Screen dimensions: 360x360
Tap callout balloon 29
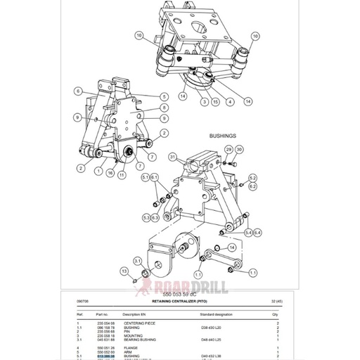[x=229, y=149]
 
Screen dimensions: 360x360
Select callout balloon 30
[x=239, y=149]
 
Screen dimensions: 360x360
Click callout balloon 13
[x=124, y=269]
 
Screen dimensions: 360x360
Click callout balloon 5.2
[x=253, y=179]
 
